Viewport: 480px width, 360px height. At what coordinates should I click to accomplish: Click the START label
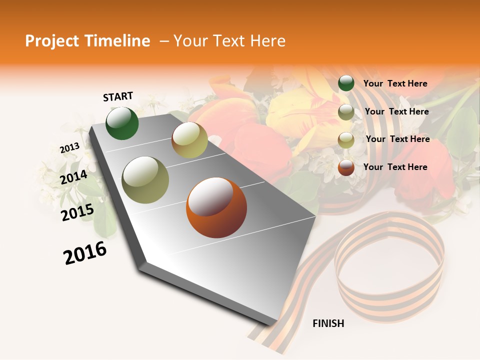tap(118, 96)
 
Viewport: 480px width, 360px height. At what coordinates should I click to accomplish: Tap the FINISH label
tap(328, 323)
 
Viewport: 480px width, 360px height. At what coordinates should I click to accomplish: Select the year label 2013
tap(69, 148)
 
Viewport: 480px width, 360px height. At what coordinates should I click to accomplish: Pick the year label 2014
tap(73, 177)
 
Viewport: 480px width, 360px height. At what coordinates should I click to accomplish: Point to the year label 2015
tap(77, 212)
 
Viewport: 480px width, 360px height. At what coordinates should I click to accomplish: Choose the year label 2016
tap(85, 253)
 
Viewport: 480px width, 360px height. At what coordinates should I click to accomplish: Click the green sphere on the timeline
tap(122, 123)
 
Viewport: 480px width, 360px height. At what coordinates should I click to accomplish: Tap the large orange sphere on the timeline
tap(216, 207)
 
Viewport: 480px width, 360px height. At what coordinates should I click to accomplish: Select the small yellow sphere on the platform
tap(189, 140)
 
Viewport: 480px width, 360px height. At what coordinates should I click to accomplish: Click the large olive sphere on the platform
tap(145, 179)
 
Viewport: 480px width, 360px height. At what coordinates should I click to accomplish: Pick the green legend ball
tap(346, 83)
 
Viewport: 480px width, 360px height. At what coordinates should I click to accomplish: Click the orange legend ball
tap(346, 167)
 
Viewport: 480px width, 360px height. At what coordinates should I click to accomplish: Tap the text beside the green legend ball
tap(395, 83)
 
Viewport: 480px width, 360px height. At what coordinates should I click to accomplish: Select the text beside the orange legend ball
tap(395, 167)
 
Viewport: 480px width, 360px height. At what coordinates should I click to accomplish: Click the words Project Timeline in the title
tap(87, 41)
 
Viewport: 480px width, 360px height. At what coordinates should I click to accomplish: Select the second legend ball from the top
tap(346, 112)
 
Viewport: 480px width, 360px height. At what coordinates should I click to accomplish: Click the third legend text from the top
tap(397, 139)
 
